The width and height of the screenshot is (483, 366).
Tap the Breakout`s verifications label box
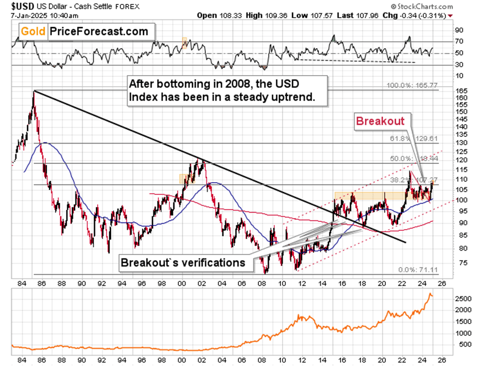click(183, 262)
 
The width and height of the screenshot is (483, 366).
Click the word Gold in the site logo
click(29, 31)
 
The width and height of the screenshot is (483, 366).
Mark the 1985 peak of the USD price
click(34, 91)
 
